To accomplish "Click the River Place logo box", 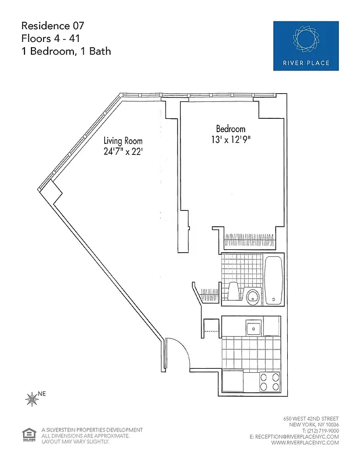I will [x=306, y=46].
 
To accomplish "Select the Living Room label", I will [x=123, y=141].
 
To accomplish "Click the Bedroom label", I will [x=231, y=129].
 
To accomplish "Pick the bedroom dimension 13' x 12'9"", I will [x=231, y=140].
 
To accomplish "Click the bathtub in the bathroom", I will [x=274, y=280].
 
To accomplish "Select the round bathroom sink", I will [x=252, y=297].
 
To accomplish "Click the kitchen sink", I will [x=253, y=327].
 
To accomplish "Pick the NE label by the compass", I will [x=41, y=394].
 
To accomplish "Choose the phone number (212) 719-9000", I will [x=315, y=431].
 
